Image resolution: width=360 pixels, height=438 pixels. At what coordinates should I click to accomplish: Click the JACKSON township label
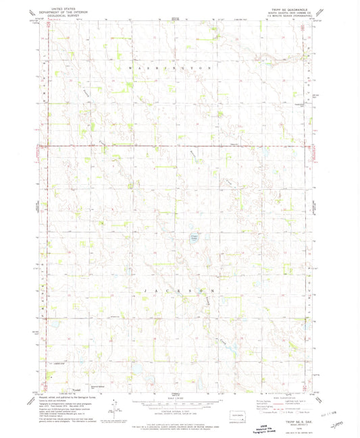tap(180, 290)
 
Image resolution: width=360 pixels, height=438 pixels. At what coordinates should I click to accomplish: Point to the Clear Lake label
tap(194, 238)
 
